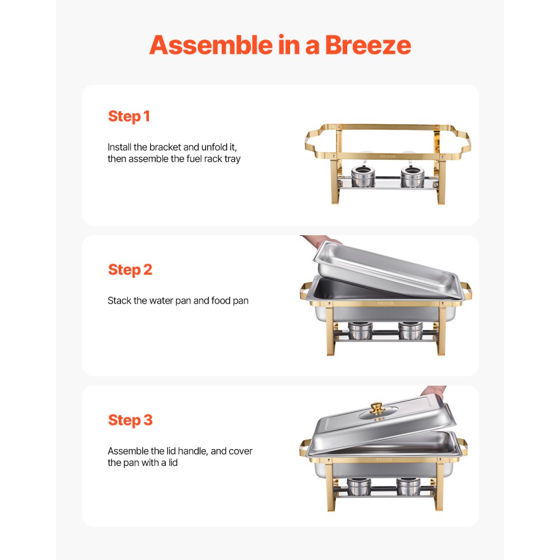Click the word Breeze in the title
click(x=368, y=45)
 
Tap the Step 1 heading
click(x=129, y=116)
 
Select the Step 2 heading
click(x=130, y=269)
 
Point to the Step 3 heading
click(x=130, y=420)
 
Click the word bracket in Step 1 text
click(x=165, y=147)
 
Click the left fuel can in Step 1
click(x=358, y=178)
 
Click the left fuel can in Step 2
click(x=360, y=331)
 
